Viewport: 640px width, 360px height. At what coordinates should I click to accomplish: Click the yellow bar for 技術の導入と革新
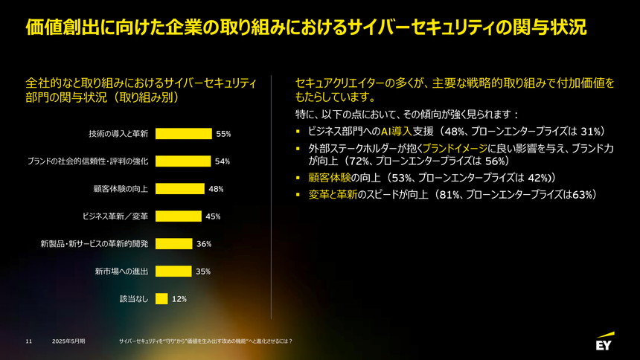click(x=183, y=134)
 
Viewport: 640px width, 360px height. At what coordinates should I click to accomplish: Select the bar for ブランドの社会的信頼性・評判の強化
click(x=183, y=161)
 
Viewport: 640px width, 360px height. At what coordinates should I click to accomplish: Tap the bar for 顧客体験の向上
click(x=179, y=189)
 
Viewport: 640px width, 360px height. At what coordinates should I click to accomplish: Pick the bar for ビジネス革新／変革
click(x=178, y=216)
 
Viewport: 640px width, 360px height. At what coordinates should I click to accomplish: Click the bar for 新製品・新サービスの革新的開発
click(x=173, y=244)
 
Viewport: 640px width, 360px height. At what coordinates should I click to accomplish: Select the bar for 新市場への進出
click(x=173, y=271)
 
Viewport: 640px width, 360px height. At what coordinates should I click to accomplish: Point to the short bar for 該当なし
click(x=161, y=299)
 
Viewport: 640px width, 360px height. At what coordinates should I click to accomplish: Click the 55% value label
click(x=223, y=134)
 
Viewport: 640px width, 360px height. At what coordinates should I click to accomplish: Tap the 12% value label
click(x=179, y=299)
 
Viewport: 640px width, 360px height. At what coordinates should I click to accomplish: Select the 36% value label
click(x=204, y=244)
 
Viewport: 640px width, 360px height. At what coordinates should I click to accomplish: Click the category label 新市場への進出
click(x=121, y=271)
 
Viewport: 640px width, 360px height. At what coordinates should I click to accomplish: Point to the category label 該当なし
click(x=134, y=299)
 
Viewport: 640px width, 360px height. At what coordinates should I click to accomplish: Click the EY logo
click(x=604, y=343)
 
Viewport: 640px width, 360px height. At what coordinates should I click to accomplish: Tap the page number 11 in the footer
click(x=28, y=341)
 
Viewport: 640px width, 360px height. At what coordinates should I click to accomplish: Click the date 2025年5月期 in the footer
click(x=68, y=341)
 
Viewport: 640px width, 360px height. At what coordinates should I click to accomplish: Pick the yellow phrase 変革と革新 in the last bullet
click(x=332, y=195)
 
